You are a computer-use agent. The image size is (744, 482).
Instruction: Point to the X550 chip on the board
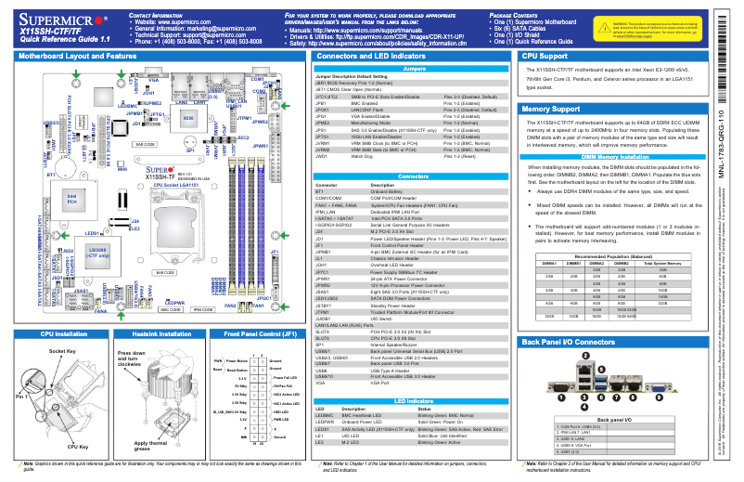188,119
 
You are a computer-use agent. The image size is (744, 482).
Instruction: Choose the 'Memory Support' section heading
545,109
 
